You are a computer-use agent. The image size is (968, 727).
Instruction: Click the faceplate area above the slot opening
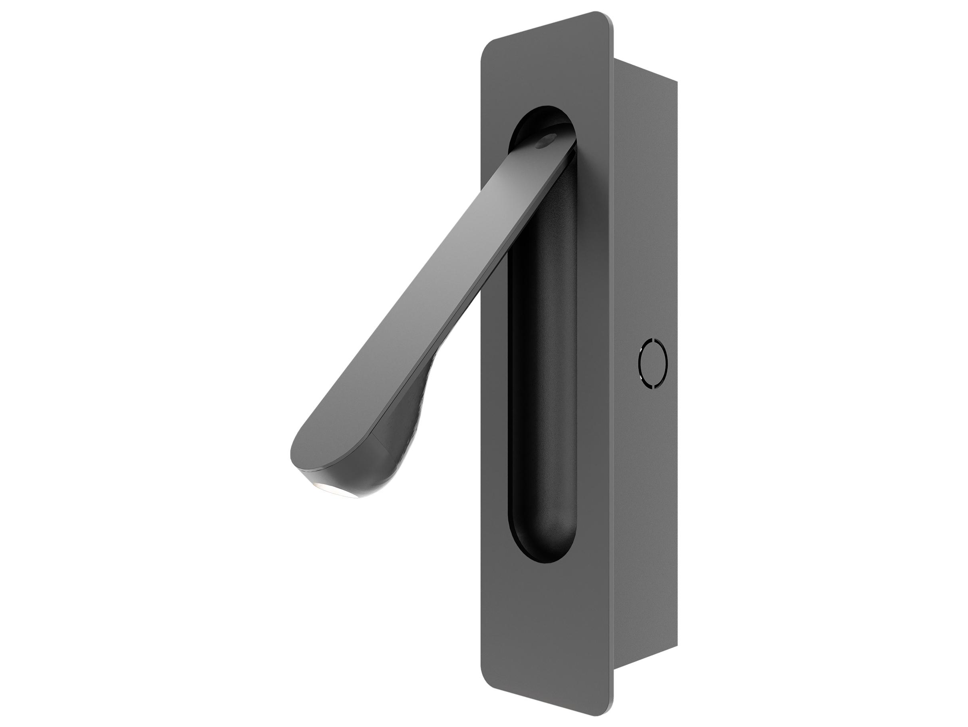pos(547,66)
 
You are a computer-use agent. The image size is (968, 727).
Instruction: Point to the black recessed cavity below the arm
pos(543,394)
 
